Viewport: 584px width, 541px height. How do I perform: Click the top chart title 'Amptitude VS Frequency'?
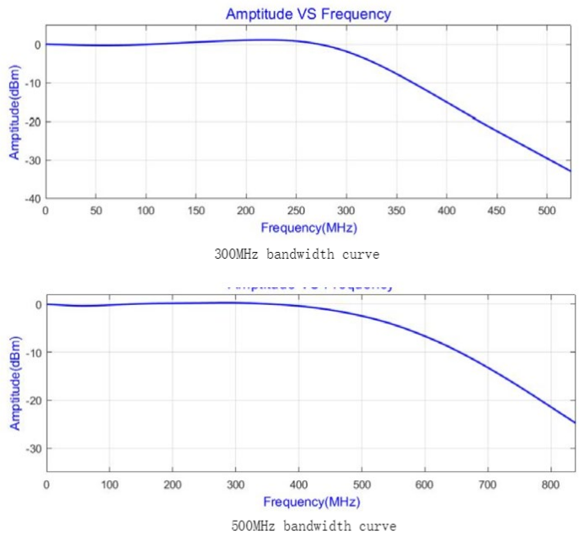tap(308, 14)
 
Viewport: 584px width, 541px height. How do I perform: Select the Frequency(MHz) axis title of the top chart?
tap(308, 228)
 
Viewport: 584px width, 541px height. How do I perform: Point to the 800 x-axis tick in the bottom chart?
tap(550, 485)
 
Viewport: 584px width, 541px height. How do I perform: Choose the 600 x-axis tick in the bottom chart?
tap(425, 485)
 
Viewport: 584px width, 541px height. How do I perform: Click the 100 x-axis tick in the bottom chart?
tap(110, 485)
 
